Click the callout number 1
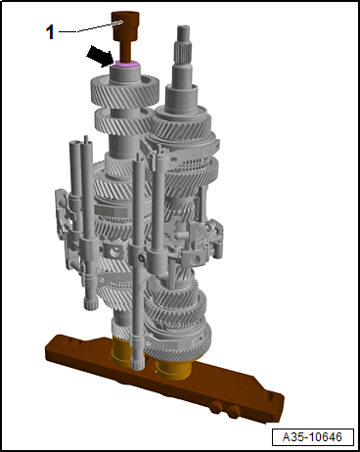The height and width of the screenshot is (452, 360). (50, 32)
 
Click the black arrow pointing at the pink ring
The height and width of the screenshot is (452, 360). (101, 56)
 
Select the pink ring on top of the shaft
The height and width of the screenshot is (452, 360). (127, 64)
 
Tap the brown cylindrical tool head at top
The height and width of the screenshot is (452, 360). (125, 25)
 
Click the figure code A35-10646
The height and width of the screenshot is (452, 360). (313, 437)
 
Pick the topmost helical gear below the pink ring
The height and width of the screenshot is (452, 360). (124, 89)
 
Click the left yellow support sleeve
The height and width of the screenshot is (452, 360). (121, 352)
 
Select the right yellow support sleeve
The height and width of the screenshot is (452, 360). (173, 369)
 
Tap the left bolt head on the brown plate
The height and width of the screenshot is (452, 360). (216, 407)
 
